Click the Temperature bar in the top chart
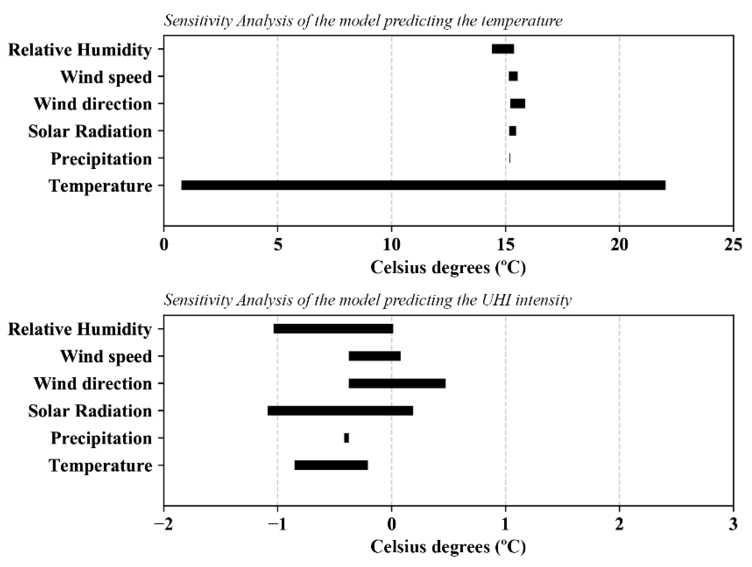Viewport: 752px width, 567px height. coord(423,185)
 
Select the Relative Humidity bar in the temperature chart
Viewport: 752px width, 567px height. coord(503,49)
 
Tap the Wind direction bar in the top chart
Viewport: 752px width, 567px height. coord(517,104)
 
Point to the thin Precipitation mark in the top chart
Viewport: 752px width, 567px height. coord(510,158)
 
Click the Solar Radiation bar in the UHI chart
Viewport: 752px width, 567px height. coord(340,411)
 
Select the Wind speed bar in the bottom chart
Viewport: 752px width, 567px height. coord(375,356)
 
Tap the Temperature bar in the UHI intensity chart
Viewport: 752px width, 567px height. coord(331,465)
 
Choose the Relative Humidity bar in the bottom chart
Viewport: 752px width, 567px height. coord(333,329)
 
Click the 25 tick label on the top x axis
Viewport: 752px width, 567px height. coord(733,244)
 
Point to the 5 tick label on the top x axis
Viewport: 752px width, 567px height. coord(278,244)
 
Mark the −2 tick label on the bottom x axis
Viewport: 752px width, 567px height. coord(164,524)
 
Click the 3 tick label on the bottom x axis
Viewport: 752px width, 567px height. coord(733,524)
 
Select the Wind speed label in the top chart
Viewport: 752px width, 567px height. coord(106,77)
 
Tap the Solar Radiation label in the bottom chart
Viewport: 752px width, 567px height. coord(90,411)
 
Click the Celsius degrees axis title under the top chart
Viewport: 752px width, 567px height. coord(448,268)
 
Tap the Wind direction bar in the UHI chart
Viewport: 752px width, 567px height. coord(397,384)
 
